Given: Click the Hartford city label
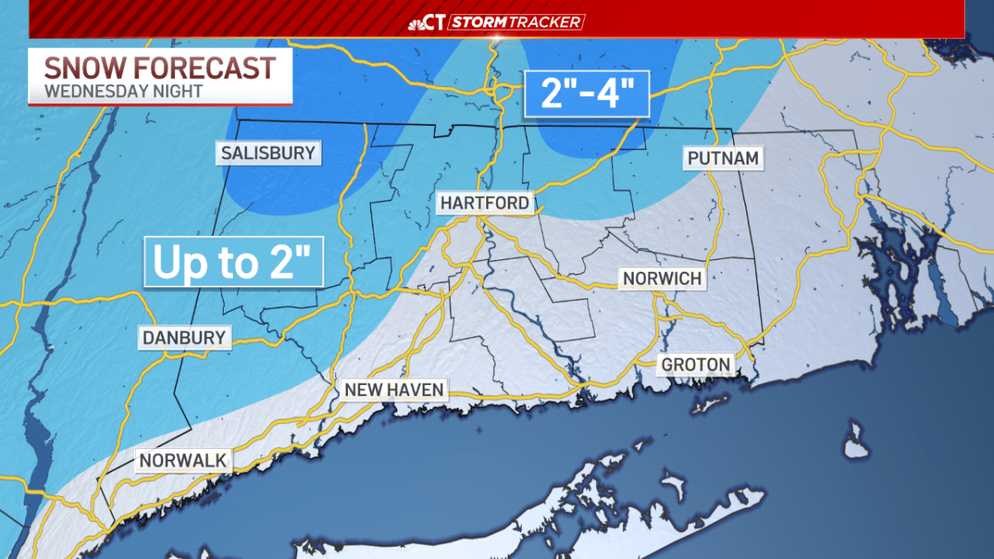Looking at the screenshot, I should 485,203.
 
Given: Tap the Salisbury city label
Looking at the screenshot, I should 268,153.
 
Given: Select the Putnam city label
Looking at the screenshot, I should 721,158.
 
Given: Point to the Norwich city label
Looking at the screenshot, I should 662,278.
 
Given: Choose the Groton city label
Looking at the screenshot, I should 696,364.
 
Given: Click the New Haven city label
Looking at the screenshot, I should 393,389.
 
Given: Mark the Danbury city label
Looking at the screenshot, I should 184,337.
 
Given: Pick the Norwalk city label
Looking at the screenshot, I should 182,460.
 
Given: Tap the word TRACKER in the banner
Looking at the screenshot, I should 549,22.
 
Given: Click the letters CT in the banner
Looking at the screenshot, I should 436,22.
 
